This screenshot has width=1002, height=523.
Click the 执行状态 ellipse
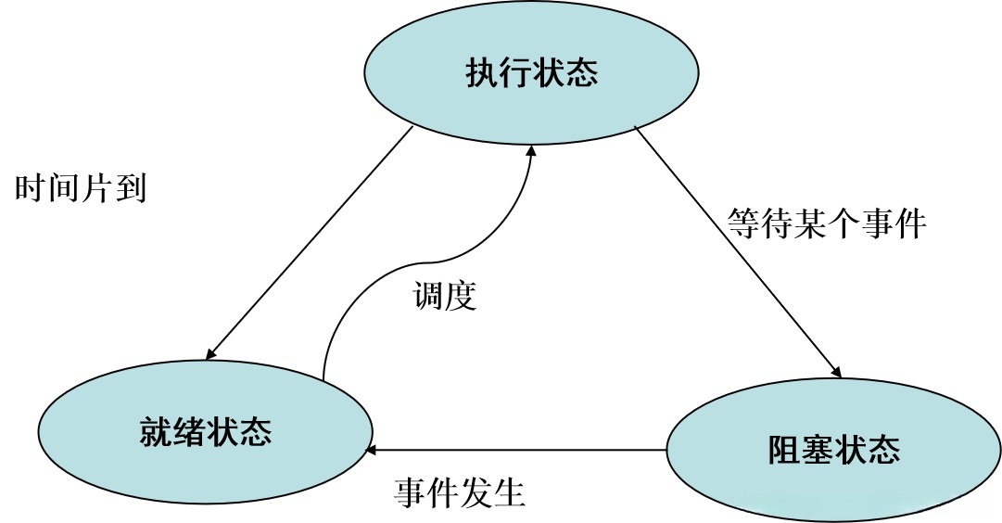click(x=531, y=73)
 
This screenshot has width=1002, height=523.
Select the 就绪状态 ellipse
click(x=205, y=432)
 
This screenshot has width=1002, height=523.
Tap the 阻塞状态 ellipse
click(x=833, y=452)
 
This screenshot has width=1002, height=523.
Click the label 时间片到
click(x=81, y=188)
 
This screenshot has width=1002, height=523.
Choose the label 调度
click(x=444, y=296)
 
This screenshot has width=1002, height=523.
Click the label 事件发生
click(x=460, y=491)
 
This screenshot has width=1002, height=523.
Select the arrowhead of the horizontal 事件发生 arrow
click(x=372, y=451)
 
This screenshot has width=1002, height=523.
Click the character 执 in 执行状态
click(x=481, y=73)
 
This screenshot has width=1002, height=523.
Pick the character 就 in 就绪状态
click(x=155, y=432)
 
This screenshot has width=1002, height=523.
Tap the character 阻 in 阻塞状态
click(x=784, y=452)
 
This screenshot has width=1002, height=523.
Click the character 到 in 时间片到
click(x=131, y=188)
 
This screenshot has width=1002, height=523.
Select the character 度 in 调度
click(x=461, y=296)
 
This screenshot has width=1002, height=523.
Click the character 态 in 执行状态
click(x=581, y=73)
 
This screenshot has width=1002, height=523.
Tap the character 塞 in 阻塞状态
click(x=818, y=452)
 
